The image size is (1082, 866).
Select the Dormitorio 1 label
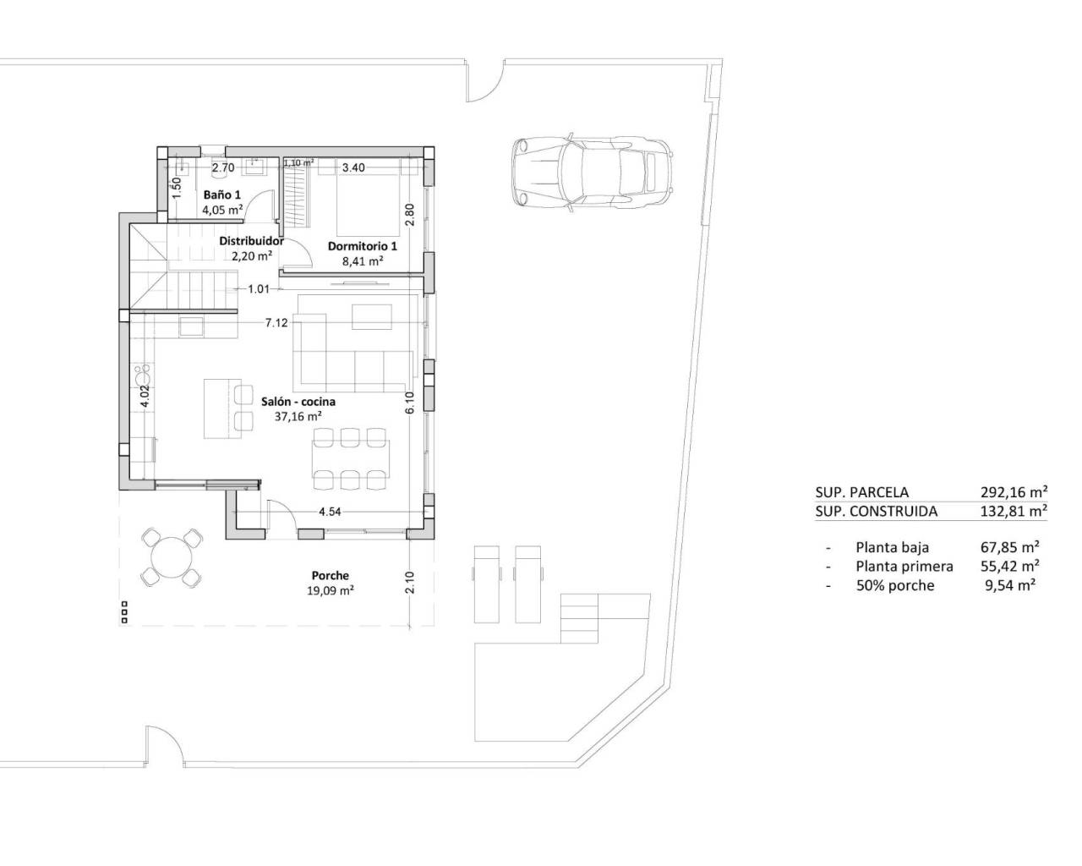pos(362,246)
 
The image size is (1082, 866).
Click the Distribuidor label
pos(251,240)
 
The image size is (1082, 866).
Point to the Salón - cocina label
pos(298,402)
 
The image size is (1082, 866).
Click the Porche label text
pos(329,576)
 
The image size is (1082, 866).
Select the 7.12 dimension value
pos(276,323)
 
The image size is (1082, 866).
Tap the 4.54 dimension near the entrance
pos(330,512)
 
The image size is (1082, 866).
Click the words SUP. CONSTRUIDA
pos(876,511)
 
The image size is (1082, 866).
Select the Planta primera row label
pos(904,567)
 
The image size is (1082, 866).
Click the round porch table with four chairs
pos(172,557)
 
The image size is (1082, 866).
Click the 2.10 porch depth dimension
pos(409,582)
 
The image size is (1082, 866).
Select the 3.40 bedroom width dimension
pos(353,168)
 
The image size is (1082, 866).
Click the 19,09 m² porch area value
pos(330,591)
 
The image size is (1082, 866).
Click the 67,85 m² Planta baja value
pos(1011,547)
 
